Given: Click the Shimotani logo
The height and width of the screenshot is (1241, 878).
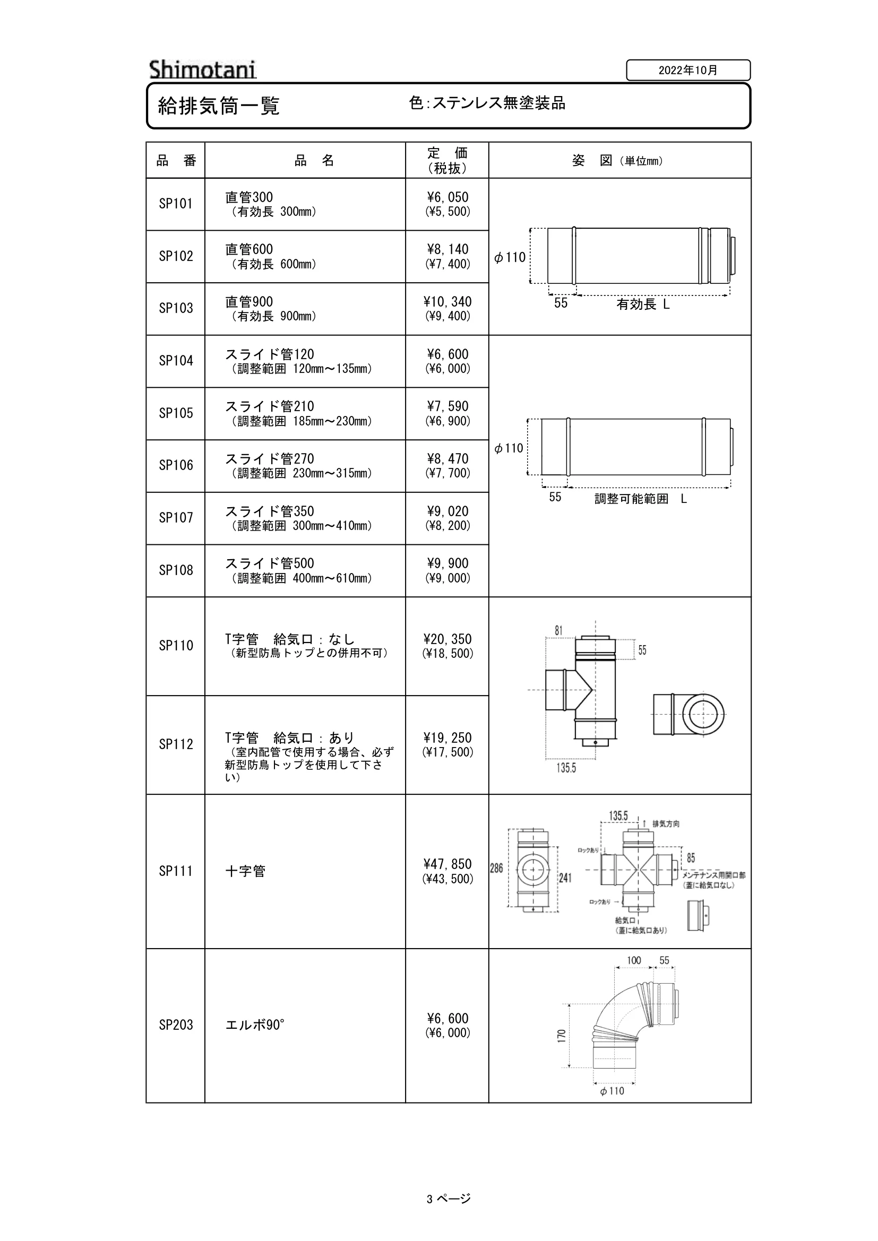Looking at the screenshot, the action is [x=203, y=70].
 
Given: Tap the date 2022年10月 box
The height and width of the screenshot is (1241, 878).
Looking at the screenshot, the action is [x=688, y=70].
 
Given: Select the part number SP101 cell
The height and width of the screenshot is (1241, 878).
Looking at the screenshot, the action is [x=176, y=204].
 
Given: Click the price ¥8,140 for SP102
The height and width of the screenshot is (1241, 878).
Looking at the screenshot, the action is [x=447, y=249].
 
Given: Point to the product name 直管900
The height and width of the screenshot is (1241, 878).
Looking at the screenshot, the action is [x=249, y=301].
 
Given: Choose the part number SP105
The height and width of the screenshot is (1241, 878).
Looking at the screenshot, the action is [x=176, y=413].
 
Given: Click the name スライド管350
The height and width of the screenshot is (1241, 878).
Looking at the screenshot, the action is [x=270, y=511].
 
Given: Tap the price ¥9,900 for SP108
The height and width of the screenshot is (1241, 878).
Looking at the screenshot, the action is [x=447, y=563].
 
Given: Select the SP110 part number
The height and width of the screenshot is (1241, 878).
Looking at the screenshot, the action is [x=176, y=645].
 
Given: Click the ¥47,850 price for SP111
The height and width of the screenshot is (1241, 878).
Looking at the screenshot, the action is [x=447, y=864].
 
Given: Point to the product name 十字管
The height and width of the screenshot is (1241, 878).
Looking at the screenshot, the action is [x=245, y=871].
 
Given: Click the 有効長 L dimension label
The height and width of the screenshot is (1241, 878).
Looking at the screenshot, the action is [x=643, y=305].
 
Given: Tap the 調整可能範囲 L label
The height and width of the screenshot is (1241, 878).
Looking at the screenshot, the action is [x=641, y=499].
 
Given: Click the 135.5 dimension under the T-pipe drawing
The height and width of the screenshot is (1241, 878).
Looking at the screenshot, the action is [x=566, y=768].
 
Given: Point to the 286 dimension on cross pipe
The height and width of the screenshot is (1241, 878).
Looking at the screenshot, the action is [x=496, y=868].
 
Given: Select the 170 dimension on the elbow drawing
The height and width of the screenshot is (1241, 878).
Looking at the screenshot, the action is [x=562, y=1036].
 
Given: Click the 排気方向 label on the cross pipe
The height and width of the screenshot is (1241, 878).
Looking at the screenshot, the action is [x=666, y=824].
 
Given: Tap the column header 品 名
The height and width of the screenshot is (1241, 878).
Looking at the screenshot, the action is [x=314, y=161].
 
